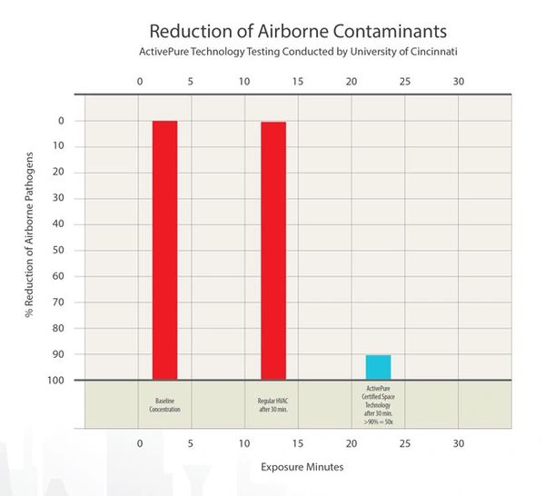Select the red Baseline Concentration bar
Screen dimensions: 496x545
click(164, 250)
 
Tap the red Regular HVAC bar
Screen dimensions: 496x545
click(273, 250)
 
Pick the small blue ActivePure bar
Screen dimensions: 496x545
click(378, 367)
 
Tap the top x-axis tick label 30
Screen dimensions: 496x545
click(458, 81)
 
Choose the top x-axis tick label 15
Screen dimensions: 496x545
click(297, 81)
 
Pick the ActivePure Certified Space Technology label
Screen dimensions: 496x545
click(378, 400)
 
